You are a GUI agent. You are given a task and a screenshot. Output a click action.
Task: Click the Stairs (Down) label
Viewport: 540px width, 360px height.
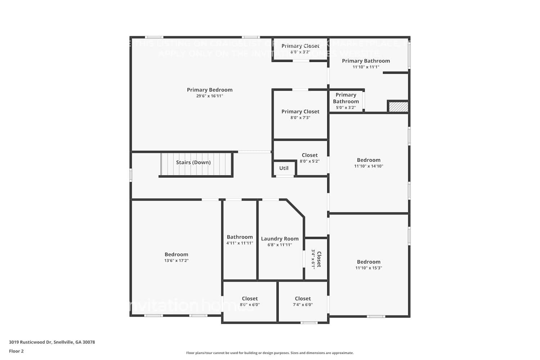(x=193, y=162)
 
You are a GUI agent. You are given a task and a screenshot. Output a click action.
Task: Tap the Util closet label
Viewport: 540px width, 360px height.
(x=284, y=168)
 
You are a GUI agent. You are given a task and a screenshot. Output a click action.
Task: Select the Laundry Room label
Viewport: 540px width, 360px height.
(x=280, y=239)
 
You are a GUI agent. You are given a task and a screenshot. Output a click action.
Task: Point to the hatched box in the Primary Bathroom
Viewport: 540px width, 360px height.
(x=399, y=107)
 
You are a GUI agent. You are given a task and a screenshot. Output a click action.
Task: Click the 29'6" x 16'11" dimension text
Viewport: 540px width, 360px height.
(x=210, y=96)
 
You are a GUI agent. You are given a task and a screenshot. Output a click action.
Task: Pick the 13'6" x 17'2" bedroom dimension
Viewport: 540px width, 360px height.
(x=176, y=261)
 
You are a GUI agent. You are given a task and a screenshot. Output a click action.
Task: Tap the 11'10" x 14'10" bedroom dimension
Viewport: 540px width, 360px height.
(x=369, y=166)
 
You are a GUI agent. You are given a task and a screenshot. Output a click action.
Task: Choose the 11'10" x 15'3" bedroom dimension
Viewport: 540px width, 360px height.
(x=369, y=268)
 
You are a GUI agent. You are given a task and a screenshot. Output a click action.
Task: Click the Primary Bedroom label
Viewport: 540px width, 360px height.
(x=210, y=90)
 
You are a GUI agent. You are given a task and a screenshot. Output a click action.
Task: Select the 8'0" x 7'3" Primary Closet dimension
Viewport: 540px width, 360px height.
(x=300, y=118)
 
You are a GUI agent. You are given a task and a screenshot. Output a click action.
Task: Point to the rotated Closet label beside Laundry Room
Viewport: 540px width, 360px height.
(x=319, y=259)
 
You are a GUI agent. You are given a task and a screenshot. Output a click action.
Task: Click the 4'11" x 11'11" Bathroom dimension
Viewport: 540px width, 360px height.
(x=240, y=243)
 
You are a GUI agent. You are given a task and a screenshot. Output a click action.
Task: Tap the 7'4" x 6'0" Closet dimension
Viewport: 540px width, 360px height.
(x=303, y=305)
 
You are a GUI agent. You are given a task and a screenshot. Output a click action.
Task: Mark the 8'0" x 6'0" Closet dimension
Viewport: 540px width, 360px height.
(x=250, y=305)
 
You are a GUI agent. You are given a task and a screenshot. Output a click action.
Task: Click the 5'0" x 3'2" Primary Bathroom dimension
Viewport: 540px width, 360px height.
(x=346, y=108)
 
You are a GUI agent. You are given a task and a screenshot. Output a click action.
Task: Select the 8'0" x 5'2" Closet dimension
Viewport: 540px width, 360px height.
(x=310, y=161)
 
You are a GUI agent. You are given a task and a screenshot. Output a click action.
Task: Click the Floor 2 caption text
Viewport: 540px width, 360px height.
(x=16, y=351)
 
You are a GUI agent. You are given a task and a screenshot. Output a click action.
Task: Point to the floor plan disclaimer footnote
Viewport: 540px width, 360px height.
(x=270, y=353)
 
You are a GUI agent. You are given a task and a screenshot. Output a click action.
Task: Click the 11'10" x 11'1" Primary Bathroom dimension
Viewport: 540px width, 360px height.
(x=366, y=67)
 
